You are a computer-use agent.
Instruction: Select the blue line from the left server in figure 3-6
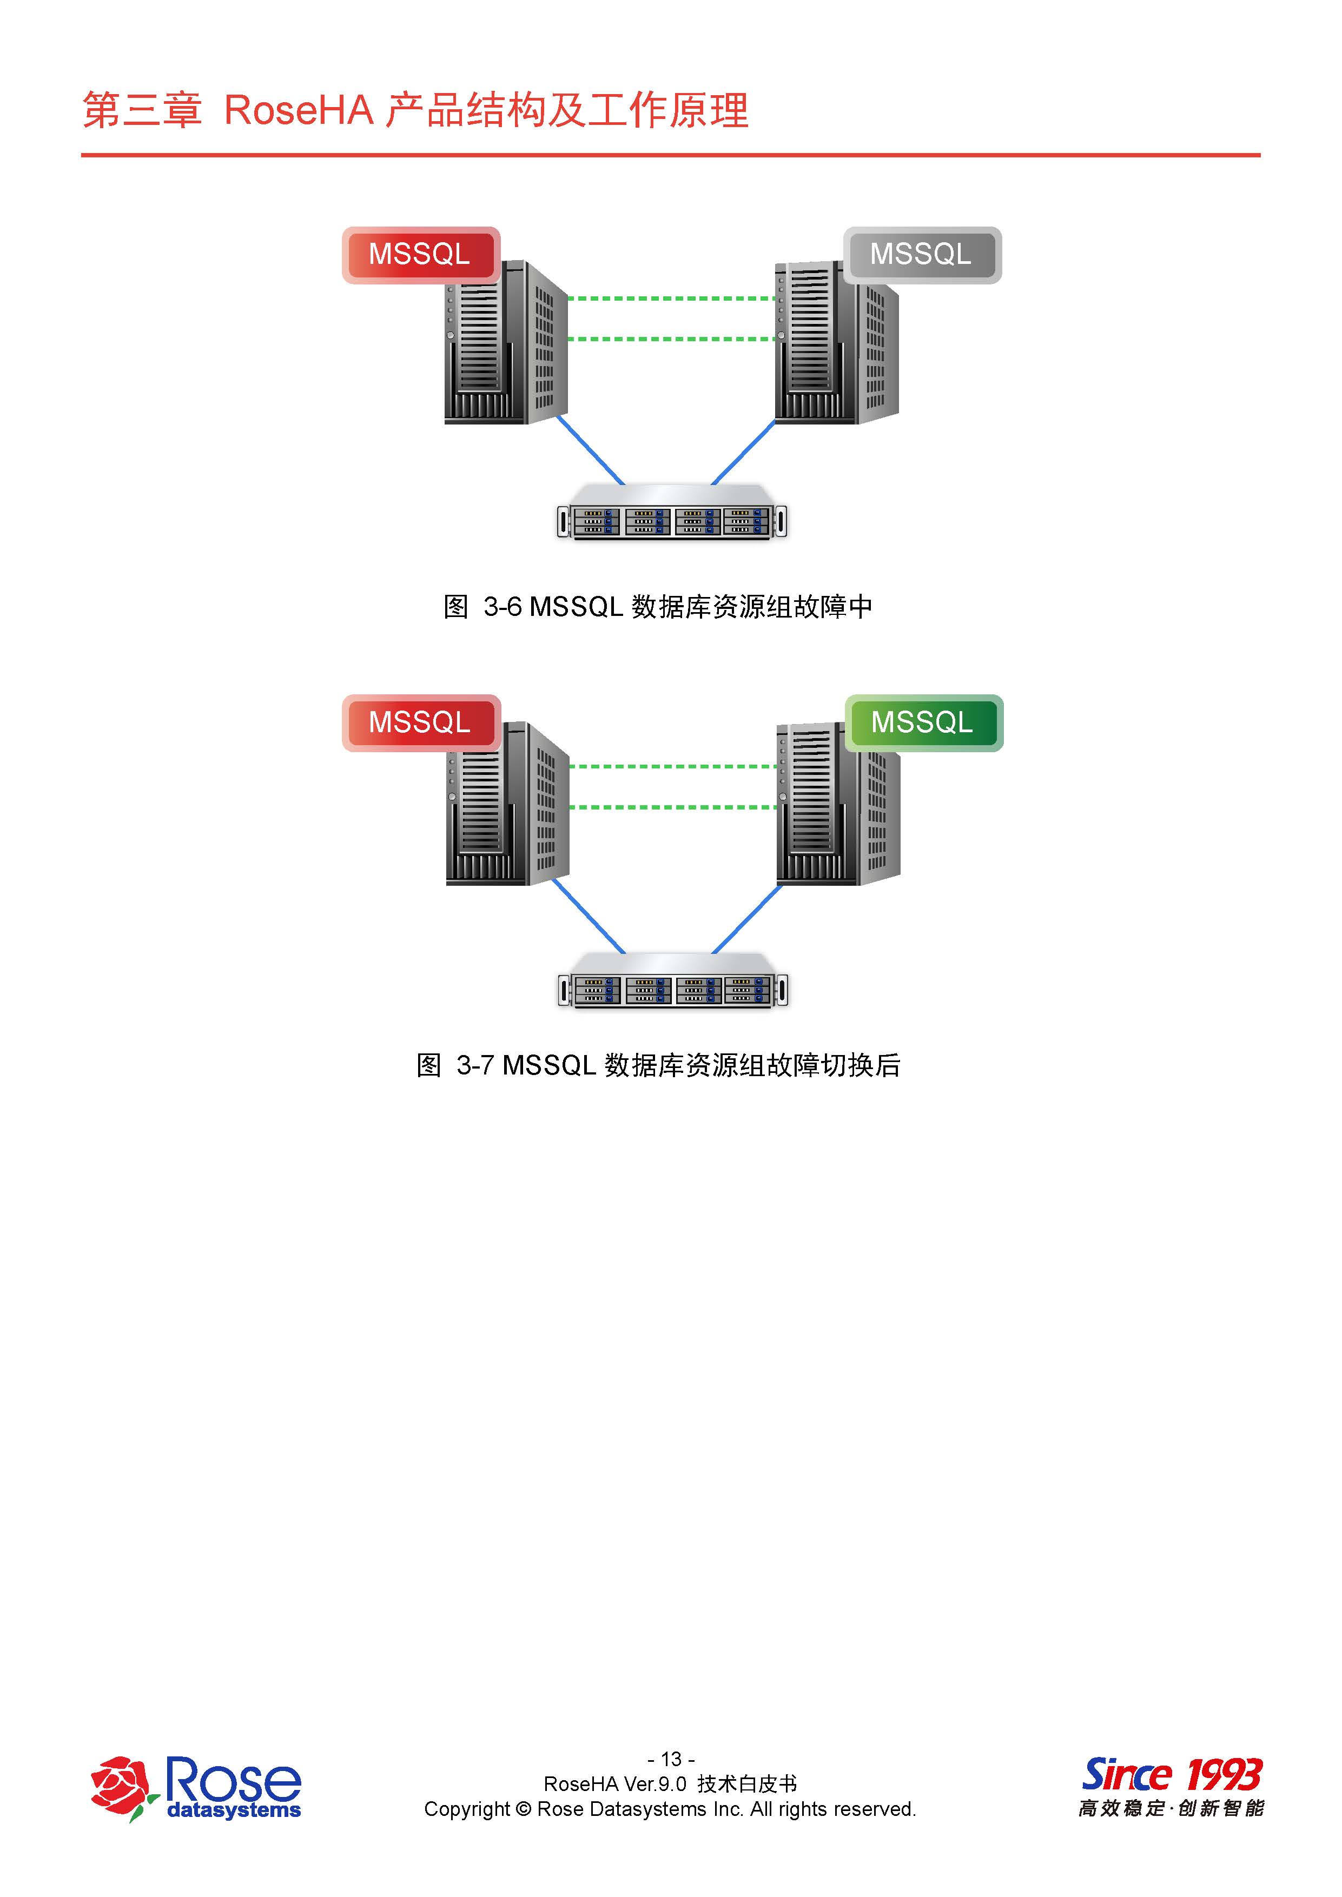pyautogui.click(x=590, y=450)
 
